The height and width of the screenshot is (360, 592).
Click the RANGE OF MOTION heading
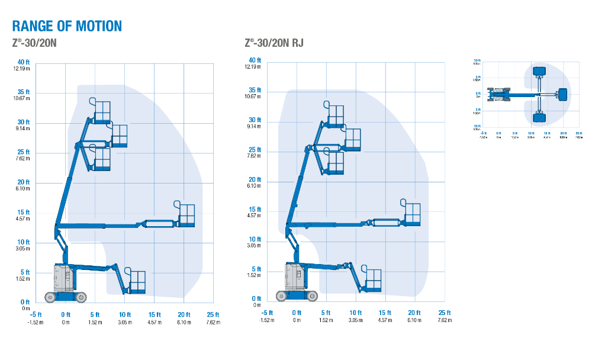pos(67,26)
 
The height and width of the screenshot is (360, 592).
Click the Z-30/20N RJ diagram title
pos(274,43)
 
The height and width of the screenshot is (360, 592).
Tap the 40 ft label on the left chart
pos(24,63)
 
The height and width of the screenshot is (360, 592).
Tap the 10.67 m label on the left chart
pos(22,99)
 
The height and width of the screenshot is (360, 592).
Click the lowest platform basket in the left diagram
pos(137,281)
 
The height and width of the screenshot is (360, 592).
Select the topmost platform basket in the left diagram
pos(102,111)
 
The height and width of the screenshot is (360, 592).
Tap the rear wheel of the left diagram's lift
pos(51,296)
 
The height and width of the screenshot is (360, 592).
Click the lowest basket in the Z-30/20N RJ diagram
pos(373,279)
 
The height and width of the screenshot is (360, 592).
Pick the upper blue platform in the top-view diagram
pos(539,72)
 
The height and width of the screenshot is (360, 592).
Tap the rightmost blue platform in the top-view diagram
pos(562,94)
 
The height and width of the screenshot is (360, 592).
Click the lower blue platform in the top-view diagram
pos(539,117)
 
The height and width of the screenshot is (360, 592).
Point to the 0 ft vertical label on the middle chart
pos(256,298)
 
